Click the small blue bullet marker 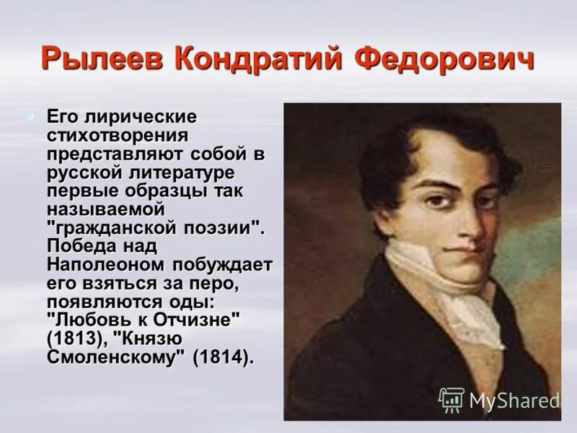click(30, 115)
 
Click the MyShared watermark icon click(451, 399)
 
